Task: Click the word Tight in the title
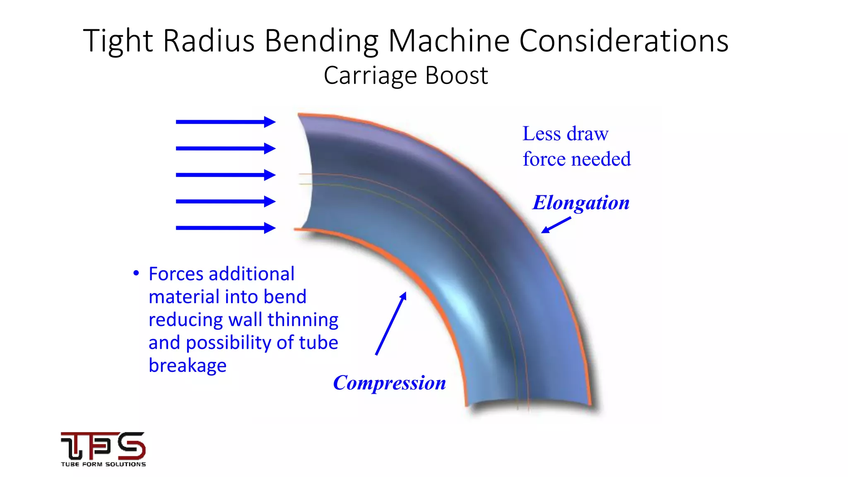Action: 118,41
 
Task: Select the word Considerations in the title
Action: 624,41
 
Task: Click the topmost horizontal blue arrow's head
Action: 270,122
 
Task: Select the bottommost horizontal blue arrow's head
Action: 270,228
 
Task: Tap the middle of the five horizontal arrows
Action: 226,175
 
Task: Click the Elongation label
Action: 581,203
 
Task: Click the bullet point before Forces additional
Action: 136,273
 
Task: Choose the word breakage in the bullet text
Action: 188,366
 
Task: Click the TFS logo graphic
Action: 103,446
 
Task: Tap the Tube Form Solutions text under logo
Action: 103,465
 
